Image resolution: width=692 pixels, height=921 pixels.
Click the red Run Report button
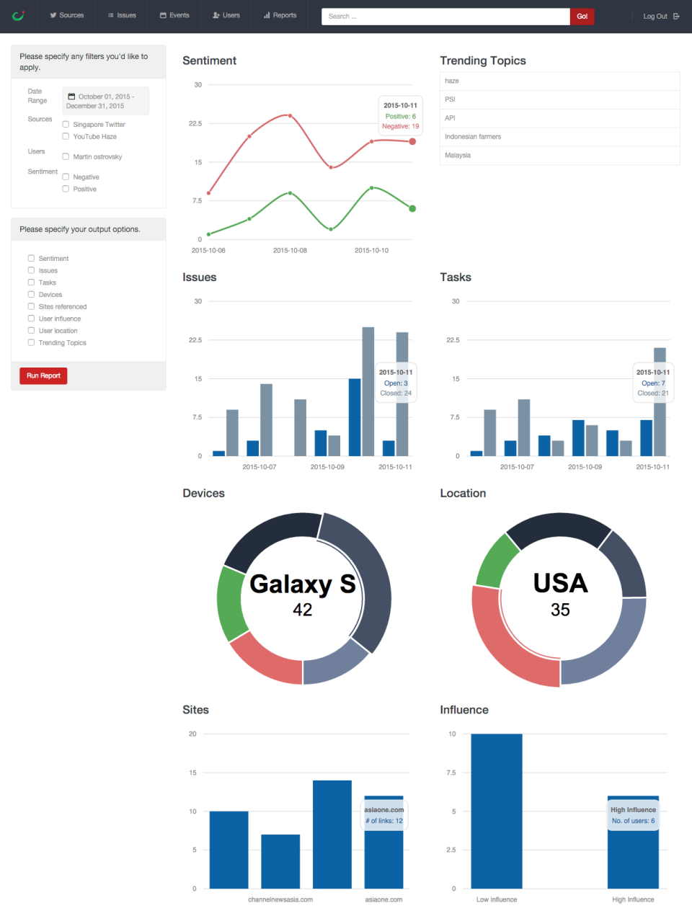43,375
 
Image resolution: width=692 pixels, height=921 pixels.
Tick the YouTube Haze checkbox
66,136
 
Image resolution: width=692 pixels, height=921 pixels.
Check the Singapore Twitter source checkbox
66,125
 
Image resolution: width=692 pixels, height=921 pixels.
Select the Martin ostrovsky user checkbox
66,156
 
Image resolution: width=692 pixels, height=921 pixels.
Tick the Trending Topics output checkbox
31,343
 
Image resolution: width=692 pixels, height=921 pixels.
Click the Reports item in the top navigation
280,15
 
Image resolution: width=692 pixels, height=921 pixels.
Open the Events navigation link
174,15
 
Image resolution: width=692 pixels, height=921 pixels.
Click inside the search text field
445,16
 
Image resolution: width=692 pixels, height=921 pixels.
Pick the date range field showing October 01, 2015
105,101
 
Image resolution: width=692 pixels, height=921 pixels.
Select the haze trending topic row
559,81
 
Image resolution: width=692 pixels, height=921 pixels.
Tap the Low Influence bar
497,811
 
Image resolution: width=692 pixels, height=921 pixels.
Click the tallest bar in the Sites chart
332,834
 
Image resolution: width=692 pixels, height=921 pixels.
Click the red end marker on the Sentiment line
412,141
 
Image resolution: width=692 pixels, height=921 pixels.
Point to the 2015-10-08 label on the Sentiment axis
290,251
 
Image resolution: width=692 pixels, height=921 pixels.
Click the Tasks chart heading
456,277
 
